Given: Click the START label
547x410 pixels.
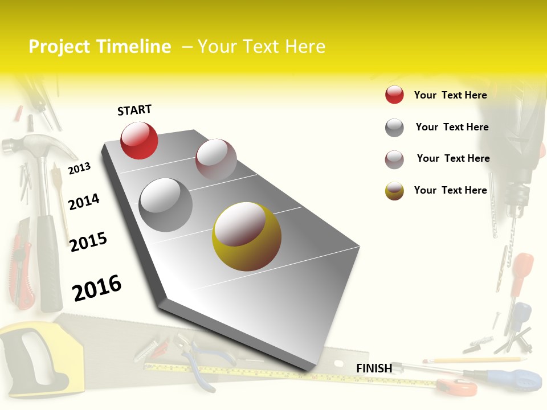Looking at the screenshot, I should pos(134,110).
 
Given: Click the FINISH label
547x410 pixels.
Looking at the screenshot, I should pos(374,368).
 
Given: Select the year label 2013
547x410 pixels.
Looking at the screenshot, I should pos(79,168).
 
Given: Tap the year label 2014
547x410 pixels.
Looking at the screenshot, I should pos(84,202).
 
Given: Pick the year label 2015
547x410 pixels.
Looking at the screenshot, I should pos(88,242).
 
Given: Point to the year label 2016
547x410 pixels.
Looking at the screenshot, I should pos(97,288).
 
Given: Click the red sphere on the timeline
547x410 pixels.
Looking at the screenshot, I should pos(139,140).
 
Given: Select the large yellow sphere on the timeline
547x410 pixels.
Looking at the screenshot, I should pos(247,236).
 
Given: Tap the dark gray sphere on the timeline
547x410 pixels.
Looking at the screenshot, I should pos(165,205).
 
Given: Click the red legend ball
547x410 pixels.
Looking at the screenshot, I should pos(394,95).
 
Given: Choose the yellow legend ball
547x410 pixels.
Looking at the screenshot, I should pos(394,191).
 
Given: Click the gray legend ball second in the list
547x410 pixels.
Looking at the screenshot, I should pos(394,128).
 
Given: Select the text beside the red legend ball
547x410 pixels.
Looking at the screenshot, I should pos(450,95).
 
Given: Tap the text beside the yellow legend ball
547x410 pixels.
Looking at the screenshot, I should pos(450,190).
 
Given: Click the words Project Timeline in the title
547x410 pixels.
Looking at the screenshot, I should pos(100,47).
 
